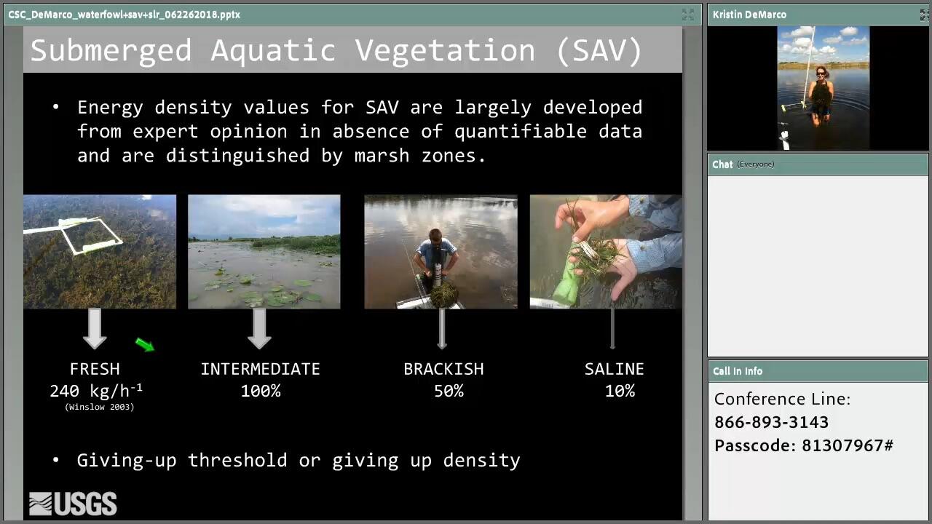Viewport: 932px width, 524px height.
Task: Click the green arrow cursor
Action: point(145,345)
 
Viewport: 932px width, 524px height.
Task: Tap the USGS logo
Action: point(74,504)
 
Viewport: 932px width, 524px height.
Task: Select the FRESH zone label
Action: point(95,369)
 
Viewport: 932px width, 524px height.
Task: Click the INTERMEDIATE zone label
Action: point(261,369)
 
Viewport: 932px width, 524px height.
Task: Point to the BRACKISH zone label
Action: point(443,369)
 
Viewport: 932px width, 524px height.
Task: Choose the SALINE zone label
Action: point(614,369)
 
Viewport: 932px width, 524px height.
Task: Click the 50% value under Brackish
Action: point(449,391)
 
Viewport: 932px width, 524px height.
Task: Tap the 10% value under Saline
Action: point(620,391)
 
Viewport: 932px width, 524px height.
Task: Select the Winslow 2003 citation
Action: point(100,407)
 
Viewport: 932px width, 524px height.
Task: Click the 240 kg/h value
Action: point(96,391)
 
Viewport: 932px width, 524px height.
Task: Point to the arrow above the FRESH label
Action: point(95,328)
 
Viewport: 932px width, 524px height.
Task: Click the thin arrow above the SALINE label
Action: point(612,328)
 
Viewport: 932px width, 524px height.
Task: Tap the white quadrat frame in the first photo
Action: point(92,235)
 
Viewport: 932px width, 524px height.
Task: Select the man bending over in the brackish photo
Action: point(436,258)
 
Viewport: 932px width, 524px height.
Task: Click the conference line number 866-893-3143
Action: point(771,422)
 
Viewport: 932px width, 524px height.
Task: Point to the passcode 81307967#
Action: point(848,445)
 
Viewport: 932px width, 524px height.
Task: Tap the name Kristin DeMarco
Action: point(749,15)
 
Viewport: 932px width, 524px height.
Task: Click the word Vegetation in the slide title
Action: point(445,51)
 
